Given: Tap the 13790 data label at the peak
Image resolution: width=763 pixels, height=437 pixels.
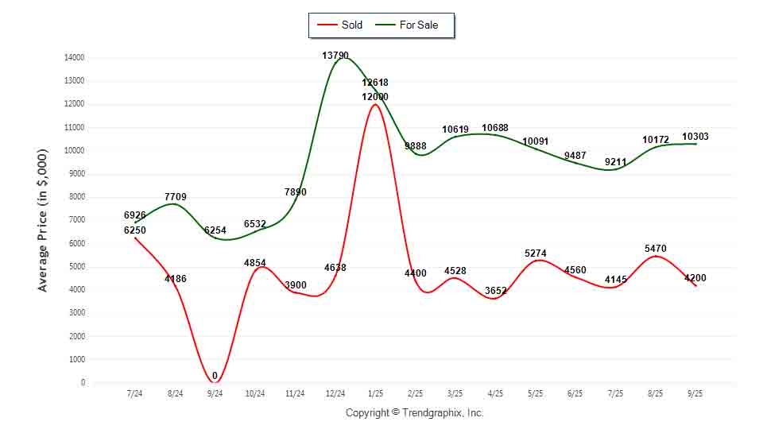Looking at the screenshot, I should [335, 56].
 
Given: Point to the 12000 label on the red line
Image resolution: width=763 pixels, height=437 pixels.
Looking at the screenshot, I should [375, 96].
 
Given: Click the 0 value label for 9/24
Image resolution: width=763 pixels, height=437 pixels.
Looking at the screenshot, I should [215, 376].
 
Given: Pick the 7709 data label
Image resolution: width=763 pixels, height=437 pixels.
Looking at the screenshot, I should [176, 195].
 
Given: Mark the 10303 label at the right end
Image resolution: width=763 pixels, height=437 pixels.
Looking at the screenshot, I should [695, 137].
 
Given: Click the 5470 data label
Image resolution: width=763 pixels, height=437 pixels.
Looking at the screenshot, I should [656, 249].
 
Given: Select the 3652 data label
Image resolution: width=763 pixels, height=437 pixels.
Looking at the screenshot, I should [495, 291].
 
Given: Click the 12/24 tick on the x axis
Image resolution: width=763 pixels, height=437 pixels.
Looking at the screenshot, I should [335, 393].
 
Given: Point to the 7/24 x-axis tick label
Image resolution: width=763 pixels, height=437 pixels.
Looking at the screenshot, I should [135, 393].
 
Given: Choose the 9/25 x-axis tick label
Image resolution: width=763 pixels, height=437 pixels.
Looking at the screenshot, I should [695, 393].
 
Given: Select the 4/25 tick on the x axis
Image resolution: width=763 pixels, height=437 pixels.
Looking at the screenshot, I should [495, 393].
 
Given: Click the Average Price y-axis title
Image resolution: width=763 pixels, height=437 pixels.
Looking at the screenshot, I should [43, 219].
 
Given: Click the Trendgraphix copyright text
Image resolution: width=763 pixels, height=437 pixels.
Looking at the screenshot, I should [414, 413].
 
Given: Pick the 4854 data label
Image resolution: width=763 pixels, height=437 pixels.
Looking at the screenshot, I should [255, 262].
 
